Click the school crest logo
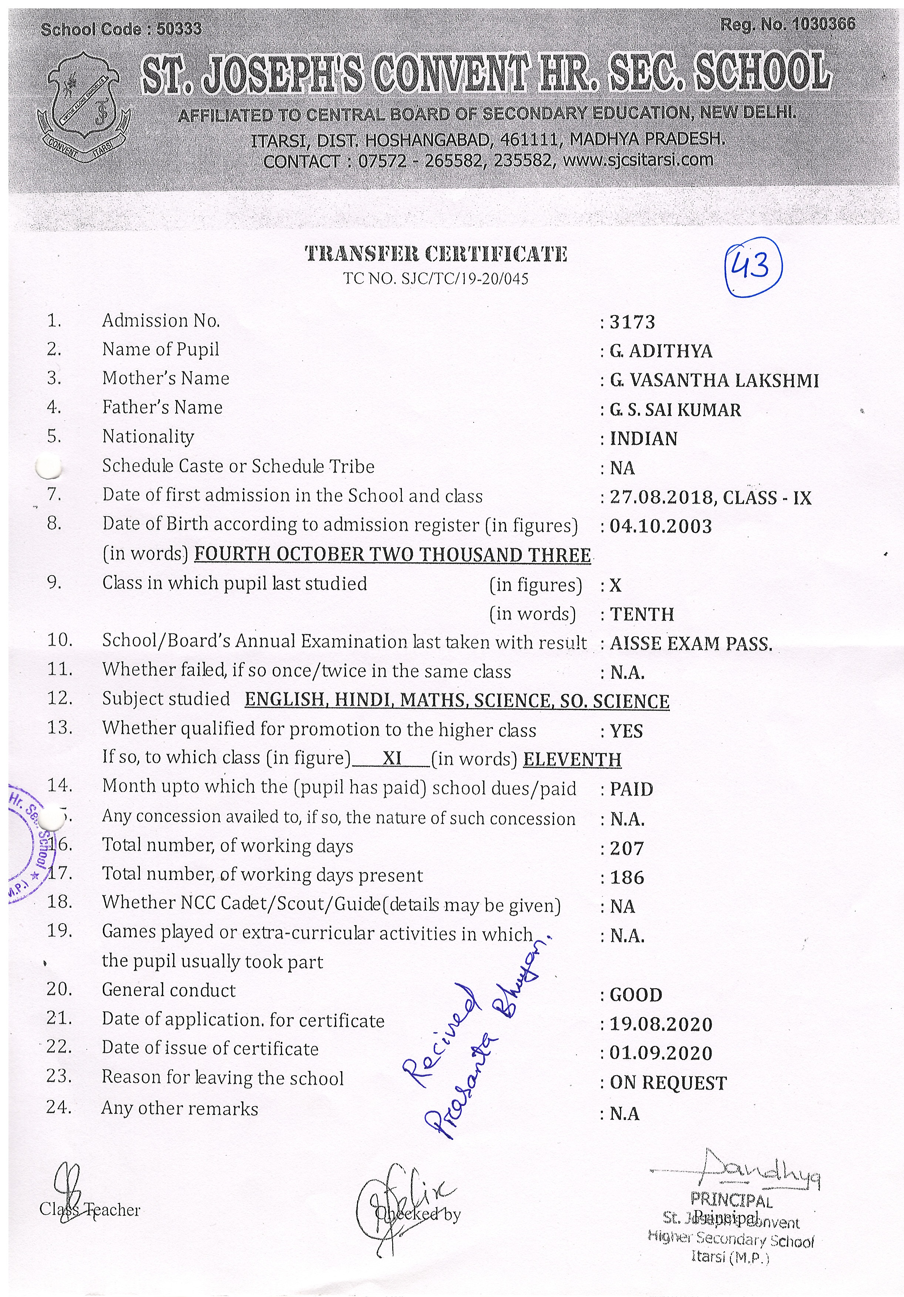point(84,107)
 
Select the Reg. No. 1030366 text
point(787,24)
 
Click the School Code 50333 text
point(121,29)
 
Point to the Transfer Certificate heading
point(436,254)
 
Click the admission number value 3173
point(632,322)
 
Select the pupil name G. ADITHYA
point(661,351)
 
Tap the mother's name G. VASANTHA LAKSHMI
point(713,381)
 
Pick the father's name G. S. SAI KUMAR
point(675,410)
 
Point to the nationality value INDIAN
point(643,439)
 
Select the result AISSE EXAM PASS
point(690,643)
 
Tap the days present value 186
point(626,877)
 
